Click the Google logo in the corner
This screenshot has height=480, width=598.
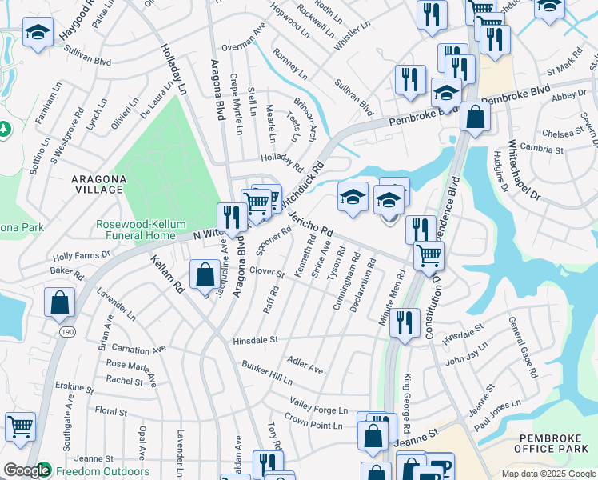click(x=26, y=470)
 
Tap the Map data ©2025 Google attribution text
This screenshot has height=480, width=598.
click(x=548, y=474)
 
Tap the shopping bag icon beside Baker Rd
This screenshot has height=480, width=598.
click(x=60, y=302)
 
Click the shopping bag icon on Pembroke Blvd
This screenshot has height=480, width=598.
click(x=476, y=117)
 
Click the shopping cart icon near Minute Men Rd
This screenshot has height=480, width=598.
click(x=429, y=255)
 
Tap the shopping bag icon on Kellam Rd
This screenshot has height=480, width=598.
click(x=205, y=274)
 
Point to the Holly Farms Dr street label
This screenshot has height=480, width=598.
click(x=81, y=256)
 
